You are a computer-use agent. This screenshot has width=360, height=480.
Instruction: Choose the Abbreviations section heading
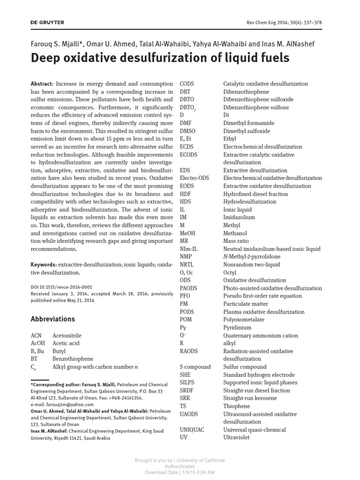coord(52,319)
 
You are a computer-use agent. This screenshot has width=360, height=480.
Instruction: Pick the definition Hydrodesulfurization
coord(250,202)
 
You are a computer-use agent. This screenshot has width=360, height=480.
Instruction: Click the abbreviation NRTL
coord(187,264)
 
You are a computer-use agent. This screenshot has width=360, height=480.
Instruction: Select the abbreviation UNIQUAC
coord(192,429)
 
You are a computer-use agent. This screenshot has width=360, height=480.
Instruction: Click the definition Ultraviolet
coord(236,437)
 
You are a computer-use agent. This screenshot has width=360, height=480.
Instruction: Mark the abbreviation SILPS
coord(187,382)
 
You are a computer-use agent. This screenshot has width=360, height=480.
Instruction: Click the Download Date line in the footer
coord(180,472)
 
